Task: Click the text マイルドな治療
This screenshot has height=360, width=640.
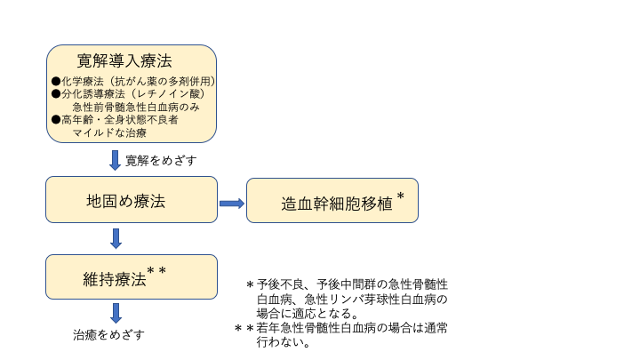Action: [x=109, y=132]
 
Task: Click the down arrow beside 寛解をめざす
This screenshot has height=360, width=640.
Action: [x=115, y=160]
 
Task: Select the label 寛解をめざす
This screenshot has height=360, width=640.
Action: [x=161, y=160]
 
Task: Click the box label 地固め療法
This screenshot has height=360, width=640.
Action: [x=120, y=201]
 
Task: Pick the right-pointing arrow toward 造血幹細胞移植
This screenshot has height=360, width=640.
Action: [x=231, y=204]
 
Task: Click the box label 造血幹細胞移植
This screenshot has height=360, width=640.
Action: [x=324, y=203]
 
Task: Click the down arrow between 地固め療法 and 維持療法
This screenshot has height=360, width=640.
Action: [x=116, y=238]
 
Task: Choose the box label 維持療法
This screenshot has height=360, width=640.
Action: [x=114, y=279]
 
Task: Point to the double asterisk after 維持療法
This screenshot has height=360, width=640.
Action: [x=156, y=270]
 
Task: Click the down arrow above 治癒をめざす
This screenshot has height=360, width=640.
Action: [x=116, y=313]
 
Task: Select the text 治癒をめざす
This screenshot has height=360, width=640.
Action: [x=108, y=335]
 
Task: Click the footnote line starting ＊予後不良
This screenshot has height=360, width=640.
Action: [x=347, y=284]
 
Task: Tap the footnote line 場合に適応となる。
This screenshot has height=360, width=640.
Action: [x=307, y=314]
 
